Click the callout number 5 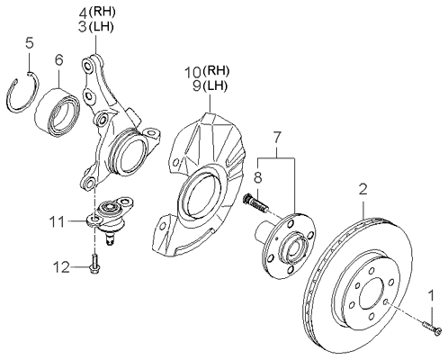[x=30, y=43]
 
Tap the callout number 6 [x=59, y=60]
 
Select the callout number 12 [x=61, y=267]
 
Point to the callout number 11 [x=58, y=222]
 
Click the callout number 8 [x=257, y=177]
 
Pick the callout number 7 [x=277, y=137]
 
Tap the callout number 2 [x=363, y=190]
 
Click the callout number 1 [x=432, y=295]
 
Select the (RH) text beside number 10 [x=216, y=71]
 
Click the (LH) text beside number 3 [x=101, y=27]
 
